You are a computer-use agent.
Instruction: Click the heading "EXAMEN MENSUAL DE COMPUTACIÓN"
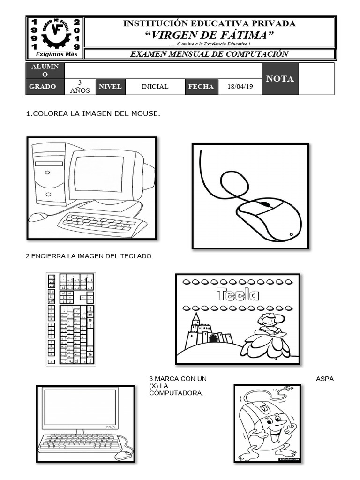[209, 54]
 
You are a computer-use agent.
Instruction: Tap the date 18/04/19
[240, 87]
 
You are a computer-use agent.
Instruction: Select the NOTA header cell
[280, 79]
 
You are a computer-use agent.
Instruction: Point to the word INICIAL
[155, 87]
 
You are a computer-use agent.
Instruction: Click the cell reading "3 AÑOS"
[80, 87]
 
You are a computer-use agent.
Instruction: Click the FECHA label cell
[201, 87]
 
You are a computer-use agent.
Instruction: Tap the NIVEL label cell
[110, 87]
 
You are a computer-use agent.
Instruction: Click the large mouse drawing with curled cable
[250, 196]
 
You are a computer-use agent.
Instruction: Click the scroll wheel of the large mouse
[265, 204]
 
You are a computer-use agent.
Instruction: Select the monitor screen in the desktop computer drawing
[99, 174]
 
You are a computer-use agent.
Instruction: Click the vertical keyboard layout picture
[70, 319]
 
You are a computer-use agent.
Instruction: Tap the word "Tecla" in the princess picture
[238, 294]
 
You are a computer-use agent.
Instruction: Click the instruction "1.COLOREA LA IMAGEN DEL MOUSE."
[89, 114]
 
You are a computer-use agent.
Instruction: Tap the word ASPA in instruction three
[324, 379]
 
